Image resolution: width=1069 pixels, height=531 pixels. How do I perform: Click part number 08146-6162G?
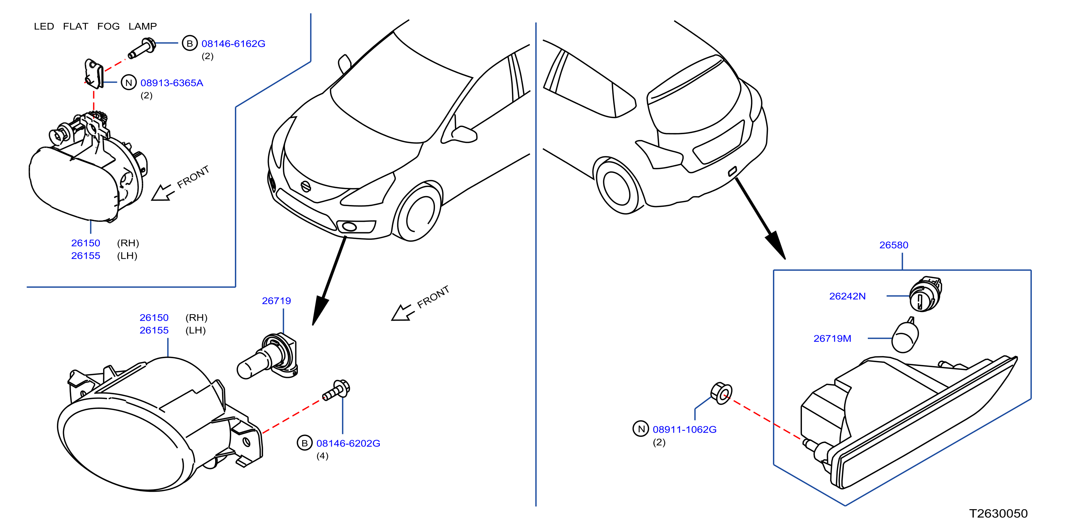233,44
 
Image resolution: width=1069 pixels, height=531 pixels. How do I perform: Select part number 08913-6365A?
172,83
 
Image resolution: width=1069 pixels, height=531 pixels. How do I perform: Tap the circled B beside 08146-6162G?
190,43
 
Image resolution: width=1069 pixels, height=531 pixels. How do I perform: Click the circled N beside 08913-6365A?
129,83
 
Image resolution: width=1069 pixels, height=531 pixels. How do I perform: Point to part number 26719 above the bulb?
276,301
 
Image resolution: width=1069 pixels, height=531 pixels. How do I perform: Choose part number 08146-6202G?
348,443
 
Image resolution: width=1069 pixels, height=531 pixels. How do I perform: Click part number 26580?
894,245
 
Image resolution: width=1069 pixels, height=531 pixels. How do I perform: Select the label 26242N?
847,296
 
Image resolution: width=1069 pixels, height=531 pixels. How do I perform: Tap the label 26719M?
832,338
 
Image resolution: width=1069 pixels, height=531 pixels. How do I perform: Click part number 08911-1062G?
685,429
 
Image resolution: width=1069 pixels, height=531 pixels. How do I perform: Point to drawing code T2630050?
998,513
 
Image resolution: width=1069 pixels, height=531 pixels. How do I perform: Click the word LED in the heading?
44,26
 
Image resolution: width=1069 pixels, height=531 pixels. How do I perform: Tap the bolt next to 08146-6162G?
142,48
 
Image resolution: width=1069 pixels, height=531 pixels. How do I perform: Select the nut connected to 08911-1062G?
721,393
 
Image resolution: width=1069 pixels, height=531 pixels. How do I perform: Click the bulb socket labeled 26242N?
925,294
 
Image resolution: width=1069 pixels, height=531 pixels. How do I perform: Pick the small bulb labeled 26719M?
905,336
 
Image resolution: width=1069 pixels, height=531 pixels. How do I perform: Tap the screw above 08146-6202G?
336,390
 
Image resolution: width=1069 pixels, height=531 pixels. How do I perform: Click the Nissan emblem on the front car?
305,187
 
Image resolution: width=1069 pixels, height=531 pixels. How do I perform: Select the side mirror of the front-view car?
464,134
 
